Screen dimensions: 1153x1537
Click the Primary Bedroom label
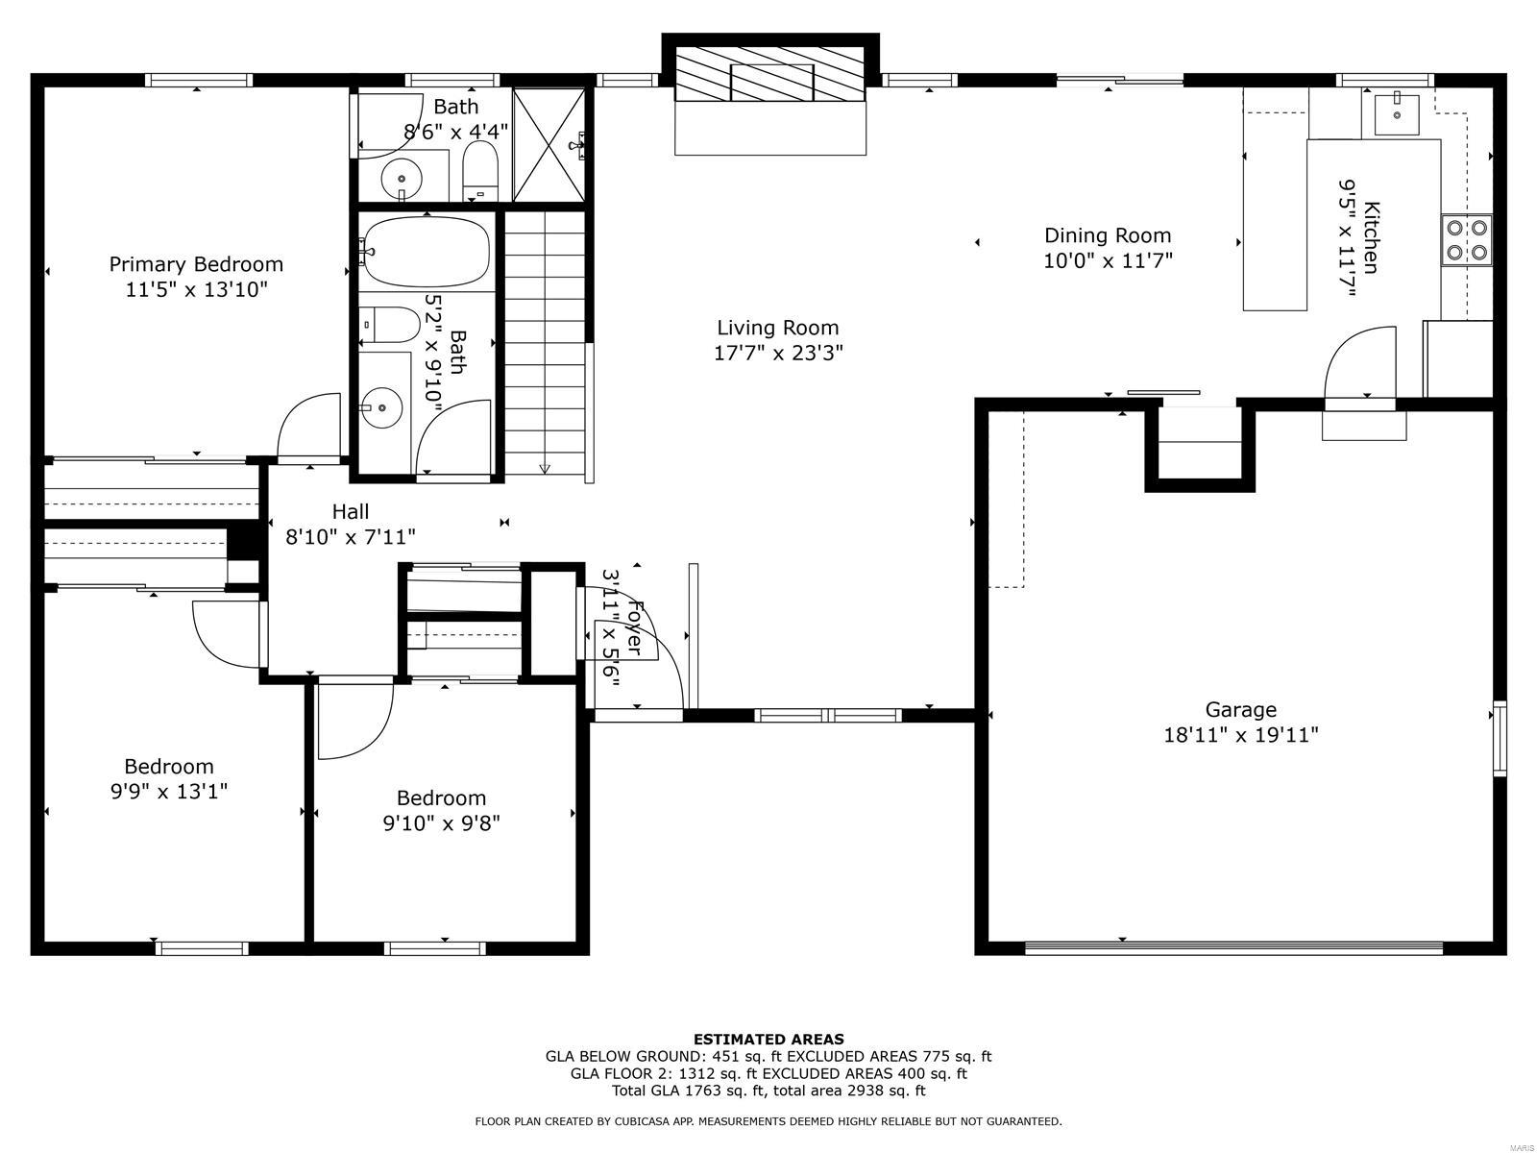pos(196,264)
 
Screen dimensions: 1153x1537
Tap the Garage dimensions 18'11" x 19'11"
pos(1240,735)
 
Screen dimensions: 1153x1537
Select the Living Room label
pos(777,328)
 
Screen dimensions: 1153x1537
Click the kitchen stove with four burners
pos(1467,240)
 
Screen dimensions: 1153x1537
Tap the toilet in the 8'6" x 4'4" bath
pos(479,169)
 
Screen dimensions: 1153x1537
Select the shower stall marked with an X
pos(549,145)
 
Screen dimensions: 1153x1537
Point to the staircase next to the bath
pos(545,341)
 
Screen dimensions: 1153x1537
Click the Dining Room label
pos(1108,235)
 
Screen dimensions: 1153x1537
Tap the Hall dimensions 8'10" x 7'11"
pos(351,536)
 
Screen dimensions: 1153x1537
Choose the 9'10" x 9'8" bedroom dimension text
pos(441,823)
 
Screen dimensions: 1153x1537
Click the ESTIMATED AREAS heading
pos(768,1039)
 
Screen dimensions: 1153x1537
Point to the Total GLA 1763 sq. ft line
pos(768,1091)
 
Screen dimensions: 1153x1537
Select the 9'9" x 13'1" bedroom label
pos(169,767)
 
